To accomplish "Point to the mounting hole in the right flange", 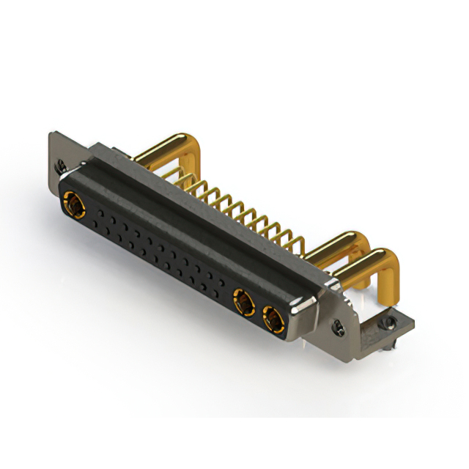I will [338, 328].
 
